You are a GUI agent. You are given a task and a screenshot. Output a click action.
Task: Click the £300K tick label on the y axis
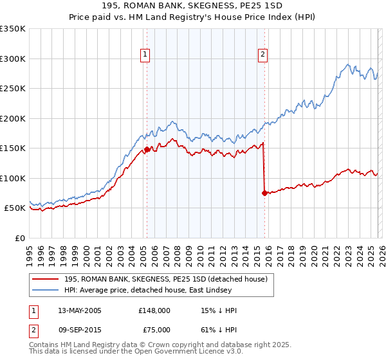[13, 59]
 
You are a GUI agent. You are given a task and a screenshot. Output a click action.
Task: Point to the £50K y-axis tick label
[15, 208]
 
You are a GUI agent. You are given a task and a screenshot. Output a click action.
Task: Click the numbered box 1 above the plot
[146, 55]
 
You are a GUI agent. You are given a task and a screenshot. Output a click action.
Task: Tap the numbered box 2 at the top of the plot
[263, 55]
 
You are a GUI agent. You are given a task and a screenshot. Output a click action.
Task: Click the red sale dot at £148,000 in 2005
[147, 149]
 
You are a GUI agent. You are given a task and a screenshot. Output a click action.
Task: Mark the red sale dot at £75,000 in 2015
[264, 193]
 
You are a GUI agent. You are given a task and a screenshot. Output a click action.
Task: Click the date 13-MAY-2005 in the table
[80, 310]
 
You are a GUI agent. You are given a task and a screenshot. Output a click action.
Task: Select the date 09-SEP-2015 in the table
[80, 329]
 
